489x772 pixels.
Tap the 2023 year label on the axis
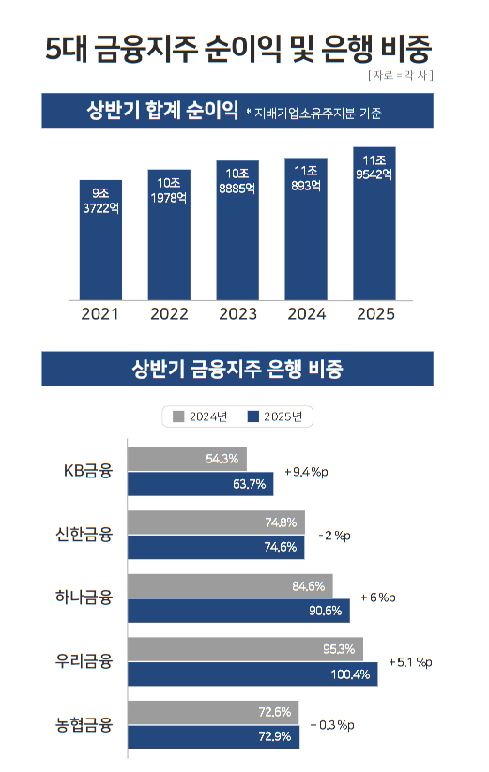pyautogui.click(x=237, y=314)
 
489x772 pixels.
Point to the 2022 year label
pyautogui.click(x=169, y=314)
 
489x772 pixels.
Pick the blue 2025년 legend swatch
pyautogui.click(x=252, y=416)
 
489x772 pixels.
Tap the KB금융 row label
pyautogui.click(x=87, y=471)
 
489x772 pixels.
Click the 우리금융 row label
pyautogui.click(x=84, y=661)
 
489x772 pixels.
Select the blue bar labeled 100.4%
pyautogui.click(x=252, y=674)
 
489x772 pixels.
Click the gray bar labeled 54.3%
pyautogui.click(x=187, y=459)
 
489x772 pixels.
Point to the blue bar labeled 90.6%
pyautogui.click(x=238, y=611)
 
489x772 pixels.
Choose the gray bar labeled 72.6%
pyautogui.click(x=213, y=712)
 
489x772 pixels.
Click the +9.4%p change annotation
pyautogui.click(x=306, y=471)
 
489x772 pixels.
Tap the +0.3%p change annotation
pyautogui.click(x=332, y=725)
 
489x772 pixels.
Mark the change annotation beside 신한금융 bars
pyautogui.click(x=334, y=535)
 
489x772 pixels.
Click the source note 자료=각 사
pyautogui.click(x=400, y=73)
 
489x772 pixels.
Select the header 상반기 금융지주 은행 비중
pyautogui.click(x=237, y=369)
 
